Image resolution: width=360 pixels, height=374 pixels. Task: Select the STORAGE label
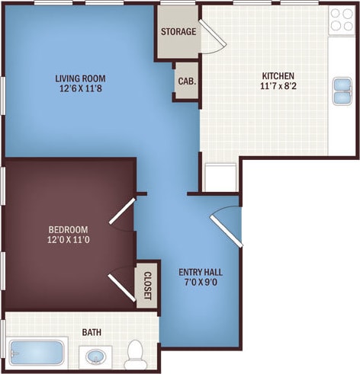(178, 32)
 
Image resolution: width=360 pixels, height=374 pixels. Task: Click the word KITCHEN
(278, 76)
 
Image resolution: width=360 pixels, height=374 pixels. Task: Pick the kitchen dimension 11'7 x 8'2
(278, 87)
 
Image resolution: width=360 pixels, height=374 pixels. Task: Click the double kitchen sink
(340, 91)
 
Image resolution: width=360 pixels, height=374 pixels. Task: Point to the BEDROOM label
(69, 230)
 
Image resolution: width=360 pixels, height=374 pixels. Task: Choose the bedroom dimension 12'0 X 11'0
(69, 241)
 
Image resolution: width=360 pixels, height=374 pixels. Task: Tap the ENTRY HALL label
(200, 272)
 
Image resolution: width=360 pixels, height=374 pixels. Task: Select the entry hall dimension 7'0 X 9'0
(200, 283)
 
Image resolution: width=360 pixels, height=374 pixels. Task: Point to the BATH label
(92, 332)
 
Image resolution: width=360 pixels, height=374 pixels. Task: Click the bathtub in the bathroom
(37, 355)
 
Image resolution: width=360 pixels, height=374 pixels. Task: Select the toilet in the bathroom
(137, 353)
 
